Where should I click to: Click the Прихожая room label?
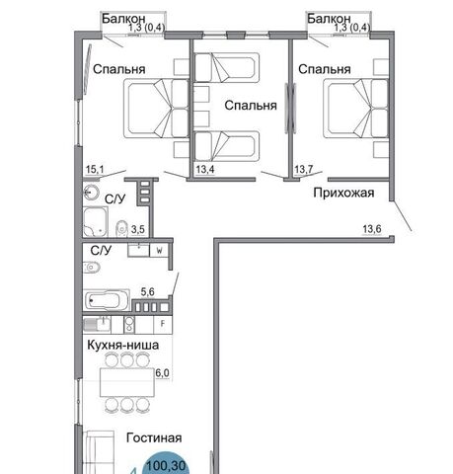[343, 193]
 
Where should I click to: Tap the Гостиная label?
[154, 437]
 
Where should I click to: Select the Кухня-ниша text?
[123, 345]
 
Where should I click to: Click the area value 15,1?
[95, 170]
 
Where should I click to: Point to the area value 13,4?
[205, 170]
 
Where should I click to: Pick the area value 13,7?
[303, 170]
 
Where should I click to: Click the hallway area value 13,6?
[372, 229]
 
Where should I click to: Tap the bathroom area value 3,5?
[138, 229]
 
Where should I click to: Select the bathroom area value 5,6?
[147, 291]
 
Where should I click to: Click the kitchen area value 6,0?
[162, 373]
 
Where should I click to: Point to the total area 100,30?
[166, 466]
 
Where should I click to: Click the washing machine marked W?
[159, 251]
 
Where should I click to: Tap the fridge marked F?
[163, 324]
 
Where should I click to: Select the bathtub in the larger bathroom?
[107, 299]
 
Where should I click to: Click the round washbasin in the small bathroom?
[91, 193]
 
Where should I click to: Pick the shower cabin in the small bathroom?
[96, 222]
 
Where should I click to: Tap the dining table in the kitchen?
[127, 382]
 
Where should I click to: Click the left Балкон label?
[123, 19]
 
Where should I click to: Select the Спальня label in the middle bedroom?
[251, 106]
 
